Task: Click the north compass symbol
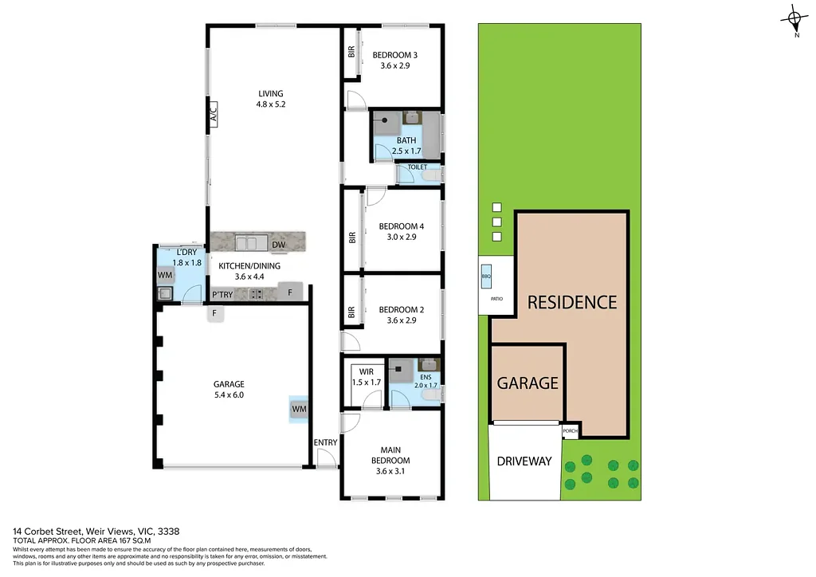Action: click(x=794, y=20)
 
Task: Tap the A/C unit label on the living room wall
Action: click(x=214, y=112)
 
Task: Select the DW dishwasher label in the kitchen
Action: click(x=278, y=245)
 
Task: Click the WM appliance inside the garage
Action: click(x=300, y=409)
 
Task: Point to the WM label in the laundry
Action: click(x=165, y=275)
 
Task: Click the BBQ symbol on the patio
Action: click(x=486, y=277)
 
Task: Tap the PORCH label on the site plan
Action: click(x=570, y=431)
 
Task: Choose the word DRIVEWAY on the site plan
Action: click(x=524, y=461)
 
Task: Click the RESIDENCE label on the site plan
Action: click(x=572, y=302)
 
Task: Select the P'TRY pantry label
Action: click(x=222, y=295)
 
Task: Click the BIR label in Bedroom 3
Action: click(x=351, y=52)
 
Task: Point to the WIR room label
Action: click(x=367, y=372)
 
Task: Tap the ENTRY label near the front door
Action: click(x=325, y=442)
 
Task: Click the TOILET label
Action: click(x=418, y=167)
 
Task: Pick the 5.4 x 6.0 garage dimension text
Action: click(x=229, y=395)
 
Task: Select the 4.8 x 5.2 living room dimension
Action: click(x=271, y=104)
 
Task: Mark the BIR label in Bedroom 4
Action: click(x=352, y=237)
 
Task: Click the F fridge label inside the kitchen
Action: click(x=290, y=292)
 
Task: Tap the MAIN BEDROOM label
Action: click(x=390, y=455)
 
